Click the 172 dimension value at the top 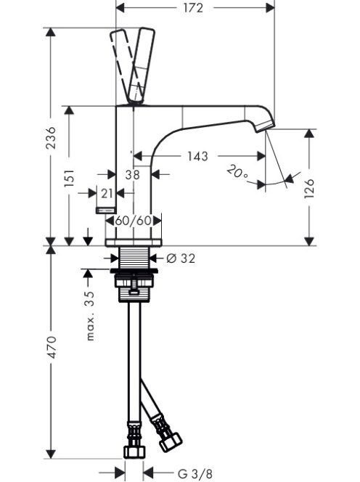[x=193, y=8]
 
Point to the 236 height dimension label [x=51, y=137]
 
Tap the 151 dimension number [x=70, y=177]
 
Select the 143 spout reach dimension [x=197, y=156]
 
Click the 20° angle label [x=237, y=173]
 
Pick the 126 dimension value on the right [x=310, y=188]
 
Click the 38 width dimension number [x=133, y=175]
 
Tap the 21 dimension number [x=107, y=194]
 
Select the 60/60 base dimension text [x=134, y=221]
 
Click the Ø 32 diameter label [x=181, y=258]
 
